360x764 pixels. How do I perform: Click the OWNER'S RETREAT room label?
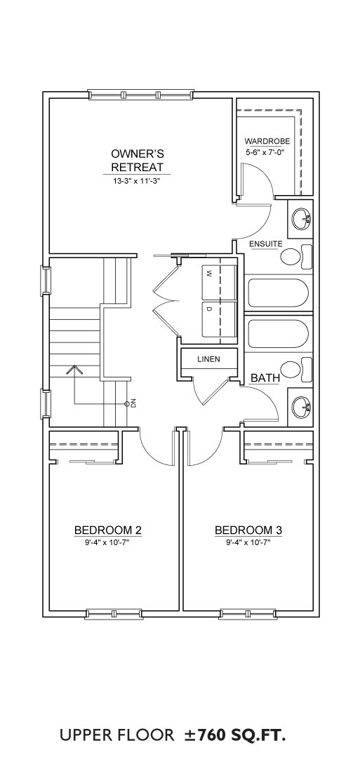pos(137,161)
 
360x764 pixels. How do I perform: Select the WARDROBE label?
pos(267,141)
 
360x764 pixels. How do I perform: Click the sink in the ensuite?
pos(300,218)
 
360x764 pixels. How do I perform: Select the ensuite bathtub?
pos(278,294)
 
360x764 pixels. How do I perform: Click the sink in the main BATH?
pos(300,406)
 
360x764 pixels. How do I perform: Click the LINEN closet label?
pos(209,360)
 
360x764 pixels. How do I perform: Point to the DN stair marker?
pos(128,403)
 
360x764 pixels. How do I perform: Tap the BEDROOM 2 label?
pos(107,530)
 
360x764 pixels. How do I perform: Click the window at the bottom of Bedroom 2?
pos(114,613)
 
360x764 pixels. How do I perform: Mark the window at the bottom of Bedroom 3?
pos(248,613)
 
